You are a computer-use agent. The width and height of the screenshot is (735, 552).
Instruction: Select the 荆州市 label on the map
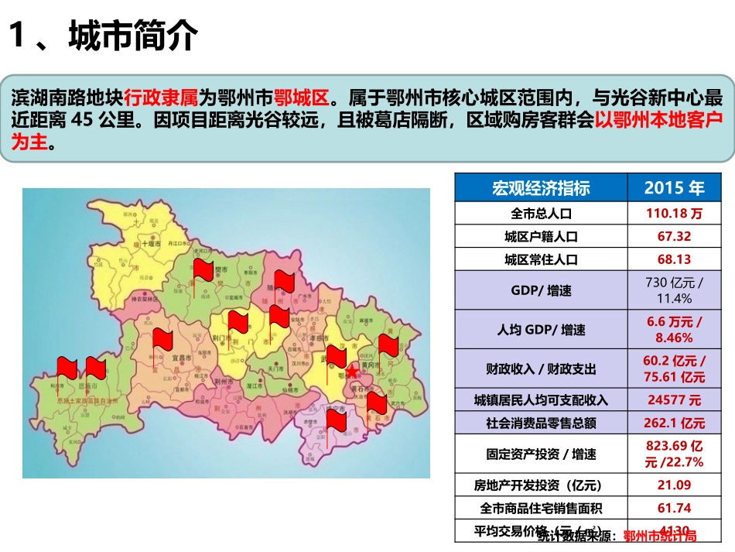(224, 382)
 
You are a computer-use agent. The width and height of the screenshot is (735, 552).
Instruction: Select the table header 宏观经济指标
(541, 187)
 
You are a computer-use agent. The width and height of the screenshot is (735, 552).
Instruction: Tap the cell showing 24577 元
(674, 400)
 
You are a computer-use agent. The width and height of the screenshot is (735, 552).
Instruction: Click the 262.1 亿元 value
(674, 423)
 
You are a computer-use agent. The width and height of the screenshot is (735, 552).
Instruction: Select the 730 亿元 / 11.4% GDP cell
(674, 290)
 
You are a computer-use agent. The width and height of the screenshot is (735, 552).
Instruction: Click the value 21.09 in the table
(674, 485)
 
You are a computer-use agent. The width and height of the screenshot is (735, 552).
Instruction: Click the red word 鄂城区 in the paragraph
(303, 98)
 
